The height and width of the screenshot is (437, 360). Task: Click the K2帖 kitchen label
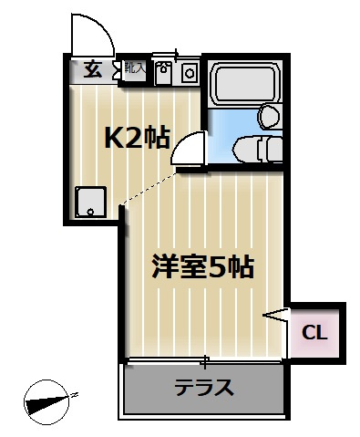tap(137, 138)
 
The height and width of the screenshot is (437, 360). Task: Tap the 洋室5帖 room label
tap(201, 268)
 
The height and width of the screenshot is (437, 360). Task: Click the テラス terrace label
tap(204, 387)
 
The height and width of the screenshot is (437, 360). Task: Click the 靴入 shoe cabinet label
tap(135, 68)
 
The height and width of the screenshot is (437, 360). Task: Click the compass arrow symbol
tap(51, 400)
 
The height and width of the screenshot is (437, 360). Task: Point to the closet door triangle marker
tap(276, 316)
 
